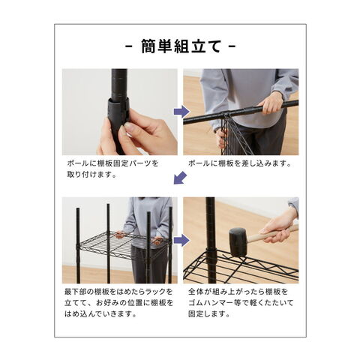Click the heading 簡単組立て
pos(181,46)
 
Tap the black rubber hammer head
pos(238,241)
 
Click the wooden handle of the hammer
pos(271,234)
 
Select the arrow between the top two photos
pos(181,112)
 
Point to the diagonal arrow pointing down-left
pos(180,178)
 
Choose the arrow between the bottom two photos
pos(181,240)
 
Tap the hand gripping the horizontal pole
pos(271,103)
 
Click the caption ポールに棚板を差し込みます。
pos(240,163)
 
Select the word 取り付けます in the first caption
pos(88,175)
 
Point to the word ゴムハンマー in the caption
pos(212,303)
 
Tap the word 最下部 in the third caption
pos(76,292)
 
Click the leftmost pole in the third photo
pos(78,245)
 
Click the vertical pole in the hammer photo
pos(211,240)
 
